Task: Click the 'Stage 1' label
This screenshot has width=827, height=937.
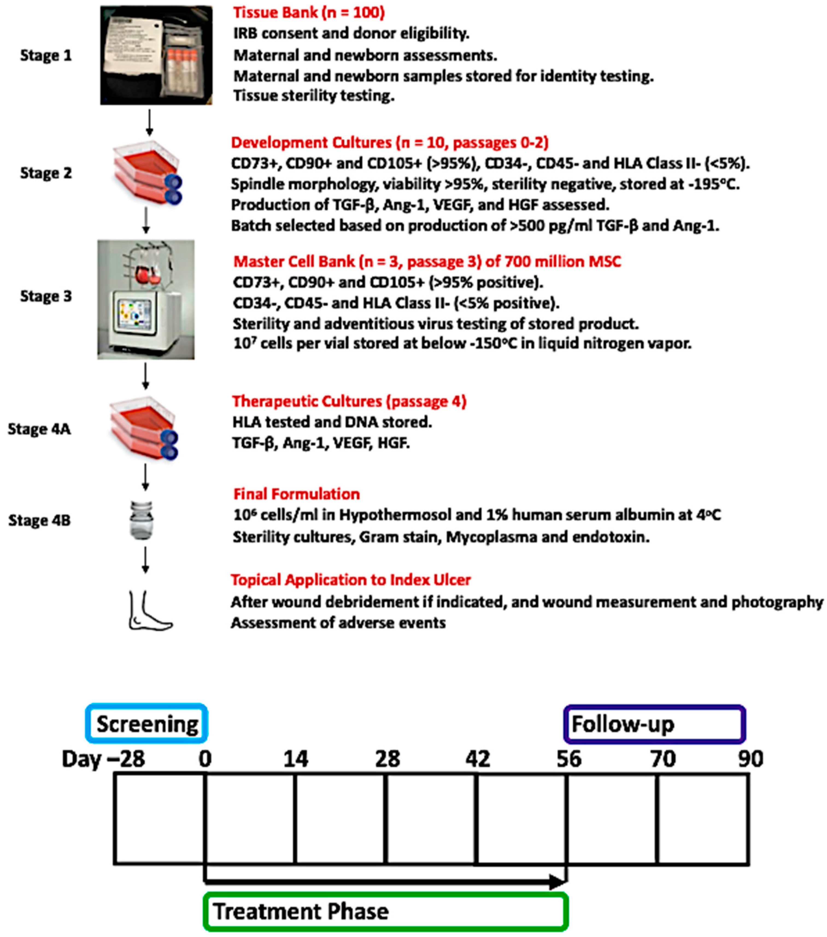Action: (46, 55)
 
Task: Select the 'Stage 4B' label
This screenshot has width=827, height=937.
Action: (39, 520)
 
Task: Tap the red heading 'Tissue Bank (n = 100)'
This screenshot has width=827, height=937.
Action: (309, 12)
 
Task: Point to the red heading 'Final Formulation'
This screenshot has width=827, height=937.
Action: (296, 494)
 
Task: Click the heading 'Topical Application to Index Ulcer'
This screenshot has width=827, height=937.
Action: (350, 580)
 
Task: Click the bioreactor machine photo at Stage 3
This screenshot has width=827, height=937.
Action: (146, 299)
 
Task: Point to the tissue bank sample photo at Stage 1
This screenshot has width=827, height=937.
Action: (156, 55)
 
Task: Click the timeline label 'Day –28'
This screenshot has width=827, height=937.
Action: (103, 759)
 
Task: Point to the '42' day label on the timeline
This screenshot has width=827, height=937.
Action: (477, 759)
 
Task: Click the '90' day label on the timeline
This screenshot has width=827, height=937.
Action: (750, 759)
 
